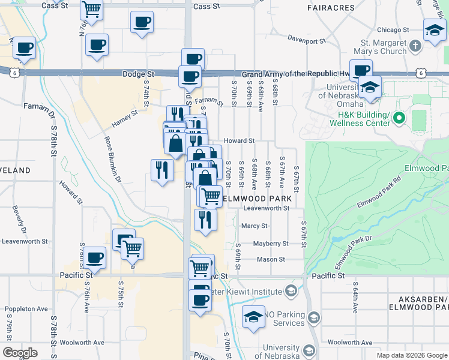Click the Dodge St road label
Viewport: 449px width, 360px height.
(134, 74)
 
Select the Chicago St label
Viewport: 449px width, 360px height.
(393, 29)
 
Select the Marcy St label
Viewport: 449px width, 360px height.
(254, 226)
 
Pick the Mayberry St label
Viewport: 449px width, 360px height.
(271, 244)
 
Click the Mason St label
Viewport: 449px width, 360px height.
(271, 259)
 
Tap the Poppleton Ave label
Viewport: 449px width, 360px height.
(26, 309)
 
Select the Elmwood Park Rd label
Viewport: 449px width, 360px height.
(379, 194)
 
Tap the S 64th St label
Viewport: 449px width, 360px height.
(355, 298)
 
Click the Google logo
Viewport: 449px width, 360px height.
(20, 353)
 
